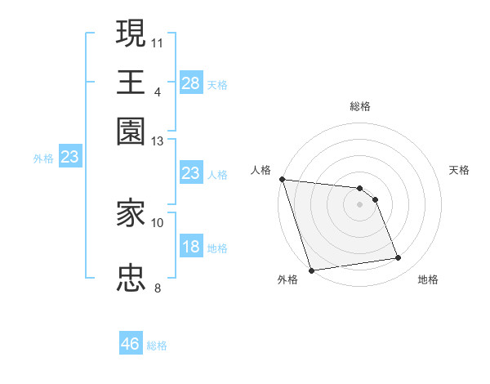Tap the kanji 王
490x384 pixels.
[x=131, y=82]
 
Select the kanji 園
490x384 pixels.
[x=131, y=132]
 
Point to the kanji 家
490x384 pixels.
[x=131, y=213]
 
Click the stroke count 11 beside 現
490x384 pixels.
[x=158, y=42]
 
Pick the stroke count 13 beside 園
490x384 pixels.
[x=158, y=141]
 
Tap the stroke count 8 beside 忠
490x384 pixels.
[x=158, y=288]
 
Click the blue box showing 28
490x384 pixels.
[x=191, y=83]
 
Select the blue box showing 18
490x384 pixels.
[x=191, y=247]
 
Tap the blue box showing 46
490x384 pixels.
[x=131, y=344]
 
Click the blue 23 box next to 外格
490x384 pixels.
[x=69, y=157]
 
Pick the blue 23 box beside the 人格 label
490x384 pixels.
[x=191, y=173]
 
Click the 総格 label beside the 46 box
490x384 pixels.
[x=157, y=346]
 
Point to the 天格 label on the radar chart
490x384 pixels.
[x=460, y=170]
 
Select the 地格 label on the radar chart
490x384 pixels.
[x=428, y=279]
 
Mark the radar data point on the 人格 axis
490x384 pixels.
[x=282, y=179]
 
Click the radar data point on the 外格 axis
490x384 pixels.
[x=311, y=270]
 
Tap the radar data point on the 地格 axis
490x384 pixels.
[x=399, y=258]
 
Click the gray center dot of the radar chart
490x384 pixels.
[x=359, y=204]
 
